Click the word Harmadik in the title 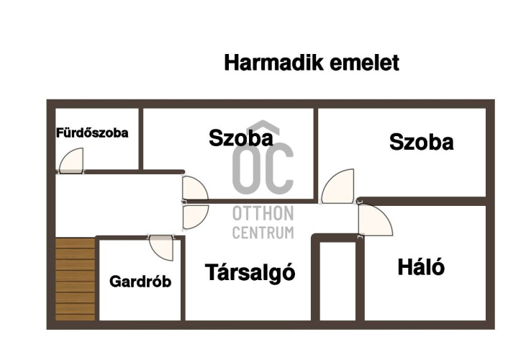(x=274, y=63)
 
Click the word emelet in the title (x=365, y=63)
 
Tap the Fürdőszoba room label (x=92, y=133)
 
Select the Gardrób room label (x=140, y=281)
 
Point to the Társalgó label (x=250, y=272)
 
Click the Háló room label (x=421, y=266)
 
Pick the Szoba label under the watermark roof (x=241, y=138)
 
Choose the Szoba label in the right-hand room (x=422, y=142)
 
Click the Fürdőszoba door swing (x=71, y=161)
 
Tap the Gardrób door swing (x=161, y=248)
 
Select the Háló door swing (x=376, y=220)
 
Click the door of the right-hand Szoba (x=337, y=186)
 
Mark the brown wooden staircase (x=75, y=279)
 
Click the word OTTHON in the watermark (x=263, y=213)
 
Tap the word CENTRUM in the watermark (x=263, y=233)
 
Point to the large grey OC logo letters (x=263, y=168)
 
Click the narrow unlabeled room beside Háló (x=337, y=281)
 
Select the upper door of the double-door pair (x=195, y=188)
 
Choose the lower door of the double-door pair (x=196, y=217)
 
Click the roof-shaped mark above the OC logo (x=263, y=128)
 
